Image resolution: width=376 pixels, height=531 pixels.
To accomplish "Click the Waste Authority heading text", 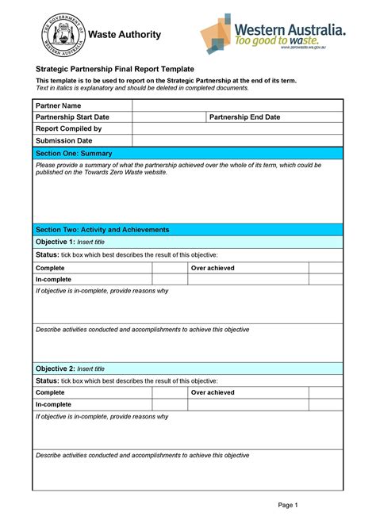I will (x=124, y=34).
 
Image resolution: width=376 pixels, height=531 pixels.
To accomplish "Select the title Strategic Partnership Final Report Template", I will (x=115, y=70).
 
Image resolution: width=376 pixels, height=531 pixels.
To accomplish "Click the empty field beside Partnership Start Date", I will (x=168, y=117).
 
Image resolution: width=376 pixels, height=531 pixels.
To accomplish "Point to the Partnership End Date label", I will (x=246, y=117).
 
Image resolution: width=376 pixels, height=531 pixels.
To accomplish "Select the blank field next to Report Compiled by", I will (x=236, y=128).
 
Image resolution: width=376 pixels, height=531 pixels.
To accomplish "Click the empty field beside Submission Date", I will (x=236, y=140).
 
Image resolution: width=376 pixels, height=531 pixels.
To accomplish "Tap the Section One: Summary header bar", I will (x=187, y=153).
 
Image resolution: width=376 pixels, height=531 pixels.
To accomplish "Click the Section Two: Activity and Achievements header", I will (x=187, y=230).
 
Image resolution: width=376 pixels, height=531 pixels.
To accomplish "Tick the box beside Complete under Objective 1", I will (x=168, y=269).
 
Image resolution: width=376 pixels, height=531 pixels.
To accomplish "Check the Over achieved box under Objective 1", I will (x=325, y=269).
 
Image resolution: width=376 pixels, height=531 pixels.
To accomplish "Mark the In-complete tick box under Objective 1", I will (x=168, y=280).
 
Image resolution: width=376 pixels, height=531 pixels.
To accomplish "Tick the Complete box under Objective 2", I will (x=168, y=392).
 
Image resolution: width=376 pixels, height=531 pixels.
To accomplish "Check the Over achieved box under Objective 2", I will (x=325, y=392).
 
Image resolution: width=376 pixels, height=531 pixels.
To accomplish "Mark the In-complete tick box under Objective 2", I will (x=168, y=404).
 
